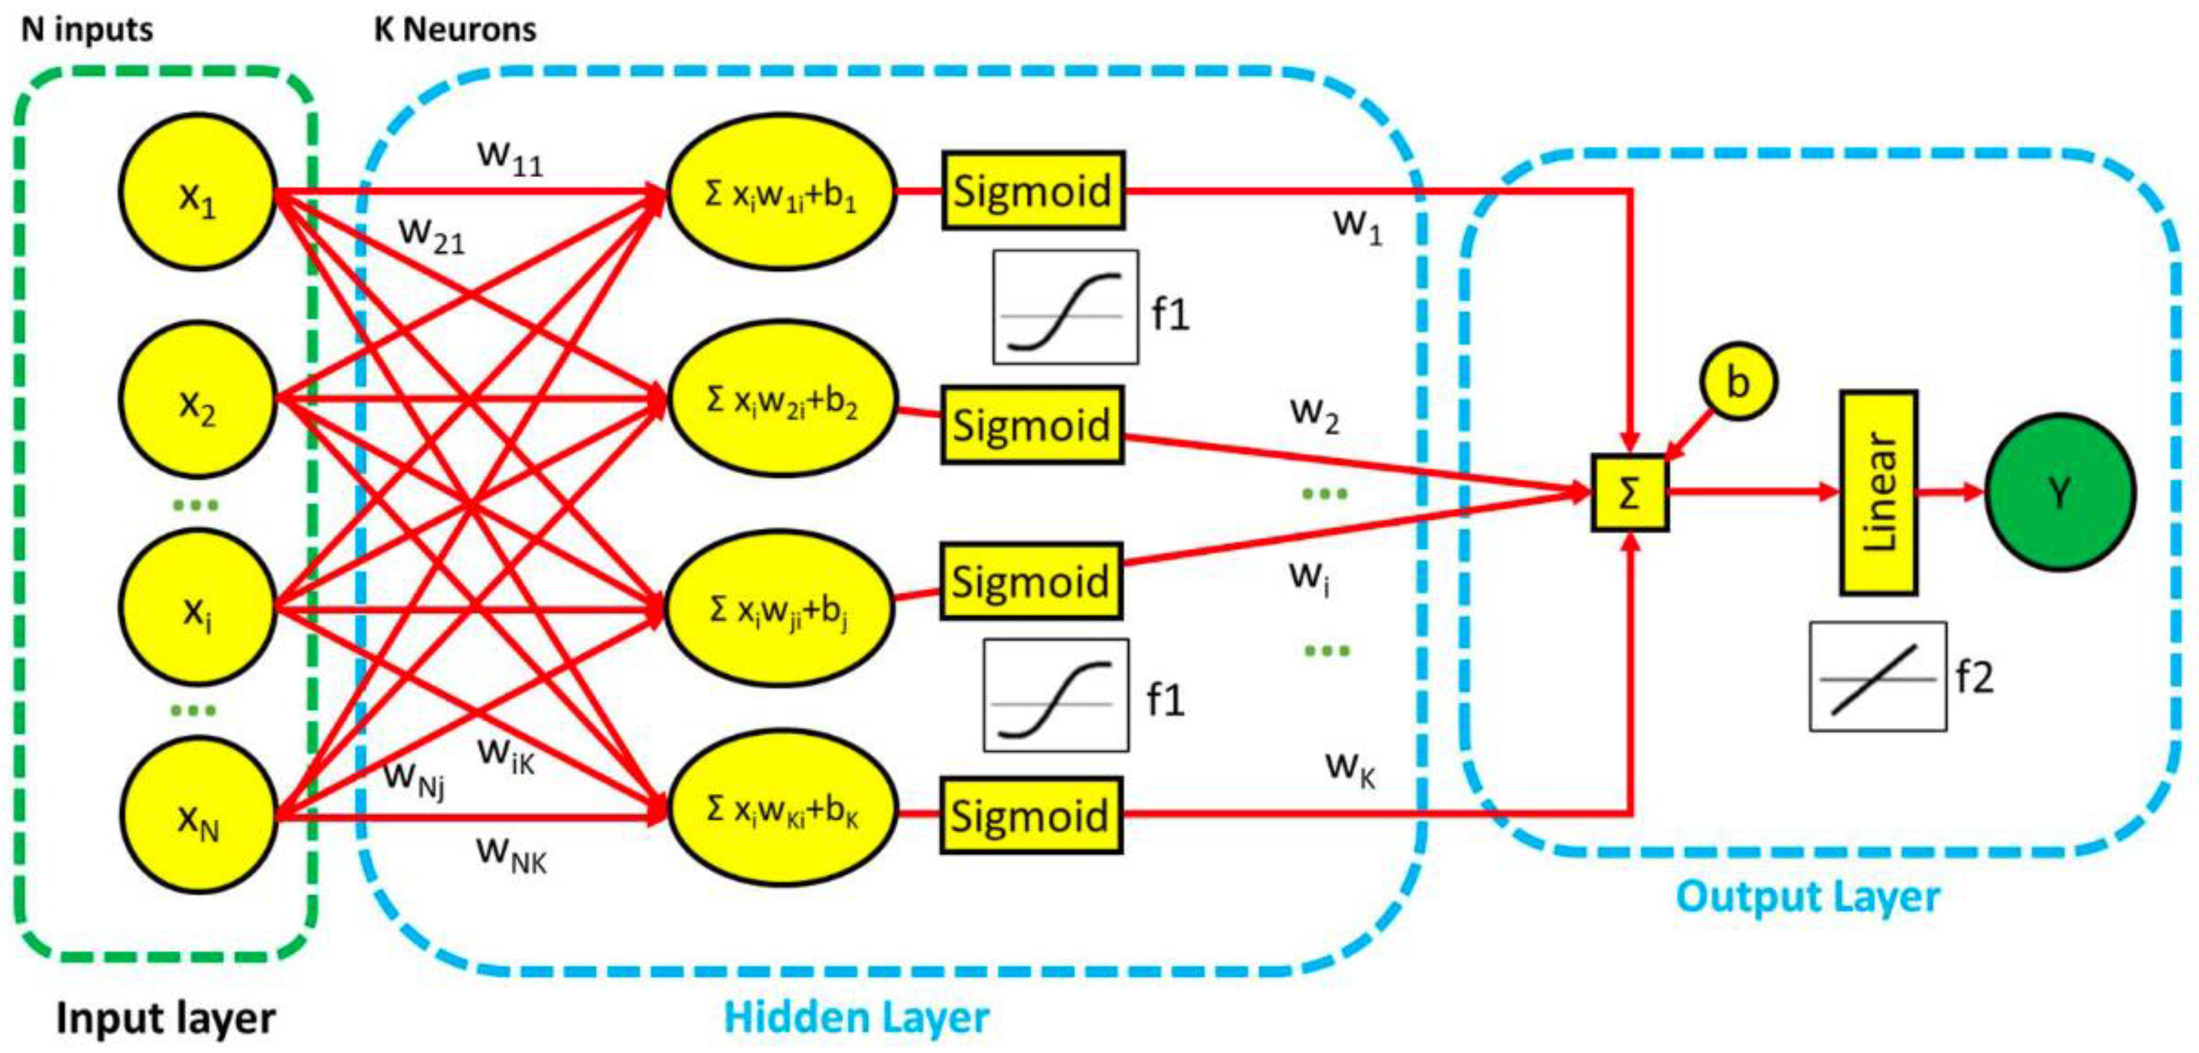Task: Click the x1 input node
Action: (x=197, y=193)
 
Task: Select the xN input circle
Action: (x=197, y=816)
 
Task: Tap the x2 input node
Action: (x=197, y=399)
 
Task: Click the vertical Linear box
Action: (x=1878, y=493)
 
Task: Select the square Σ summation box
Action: (x=1629, y=493)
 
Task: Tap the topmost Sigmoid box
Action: (x=1033, y=190)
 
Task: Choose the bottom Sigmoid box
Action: (x=1031, y=816)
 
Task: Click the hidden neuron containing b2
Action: (x=781, y=399)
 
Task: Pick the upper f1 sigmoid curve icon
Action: (x=1065, y=307)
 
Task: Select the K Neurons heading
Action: (x=455, y=30)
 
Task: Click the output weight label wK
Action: (x=1350, y=768)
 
